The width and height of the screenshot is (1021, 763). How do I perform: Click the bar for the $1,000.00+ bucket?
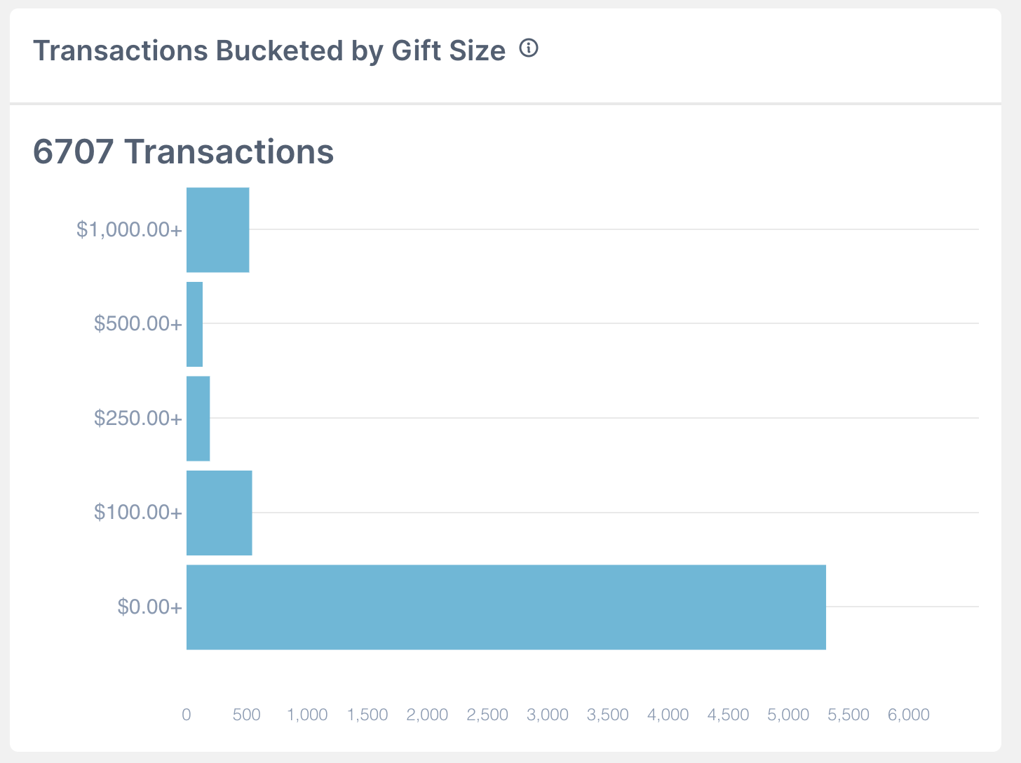pyautogui.click(x=218, y=230)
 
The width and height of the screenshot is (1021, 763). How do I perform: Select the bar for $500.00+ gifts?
pyautogui.click(x=195, y=324)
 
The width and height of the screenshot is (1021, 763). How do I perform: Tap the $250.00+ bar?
pyautogui.click(x=198, y=419)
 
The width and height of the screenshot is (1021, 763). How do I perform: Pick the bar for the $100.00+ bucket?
pyautogui.click(x=219, y=513)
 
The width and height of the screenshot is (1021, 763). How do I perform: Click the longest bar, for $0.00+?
pyautogui.click(x=506, y=607)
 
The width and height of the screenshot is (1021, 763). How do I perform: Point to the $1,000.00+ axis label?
pyautogui.click(x=129, y=230)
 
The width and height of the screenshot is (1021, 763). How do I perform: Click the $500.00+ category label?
pyautogui.click(x=138, y=324)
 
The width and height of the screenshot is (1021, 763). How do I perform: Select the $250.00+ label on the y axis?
pyautogui.click(x=138, y=419)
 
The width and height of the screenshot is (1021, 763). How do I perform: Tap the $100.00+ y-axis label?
pyautogui.click(x=138, y=513)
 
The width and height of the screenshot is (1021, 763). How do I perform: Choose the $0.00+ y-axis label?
pyautogui.click(x=149, y=607)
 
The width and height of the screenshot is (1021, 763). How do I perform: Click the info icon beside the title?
pyautogui.click(x=529, y=48)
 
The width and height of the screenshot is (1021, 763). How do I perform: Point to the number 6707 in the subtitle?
pyautogui.click(x=74, y=151)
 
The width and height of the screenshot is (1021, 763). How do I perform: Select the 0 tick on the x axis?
pyautogui.click(x=187, y=715)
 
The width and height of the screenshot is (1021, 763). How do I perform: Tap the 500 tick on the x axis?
pyautogui.click(x=247, y=715)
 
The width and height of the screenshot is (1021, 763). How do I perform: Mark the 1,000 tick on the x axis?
pyautogui.click(x=307, y=715)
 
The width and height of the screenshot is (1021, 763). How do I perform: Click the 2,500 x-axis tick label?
pyautogui.click(x=487, y=715)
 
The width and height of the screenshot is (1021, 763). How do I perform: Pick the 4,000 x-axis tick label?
pyautogui.click(x=668, y=715)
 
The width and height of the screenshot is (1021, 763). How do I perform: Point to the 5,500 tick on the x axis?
pyautogui.click(x=848, y=715)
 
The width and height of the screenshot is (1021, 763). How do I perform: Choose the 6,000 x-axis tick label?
pyautogui.click(x=909, y=715)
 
